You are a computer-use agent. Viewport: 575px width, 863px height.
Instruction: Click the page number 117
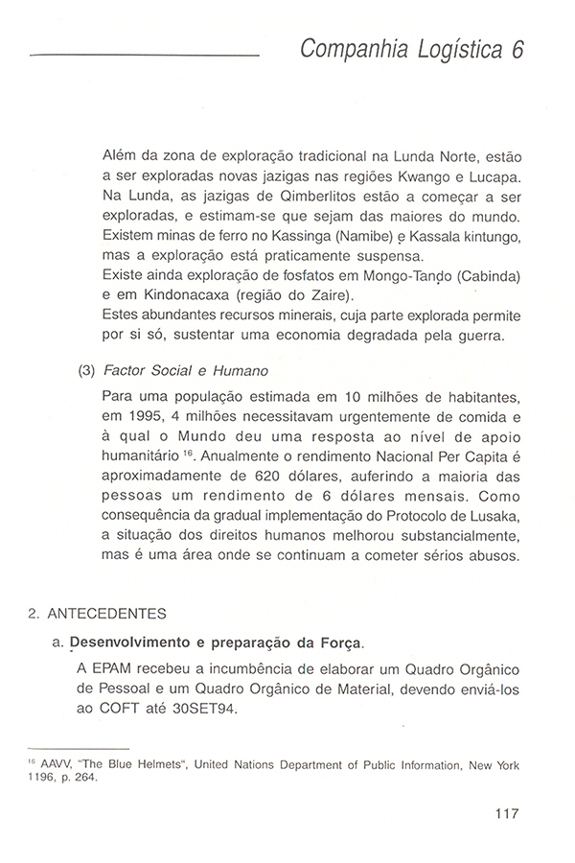pyautogui.click(x=506, y=815)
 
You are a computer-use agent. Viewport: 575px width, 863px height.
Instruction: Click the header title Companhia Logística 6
pyautogui.click(x=413, y=50)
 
